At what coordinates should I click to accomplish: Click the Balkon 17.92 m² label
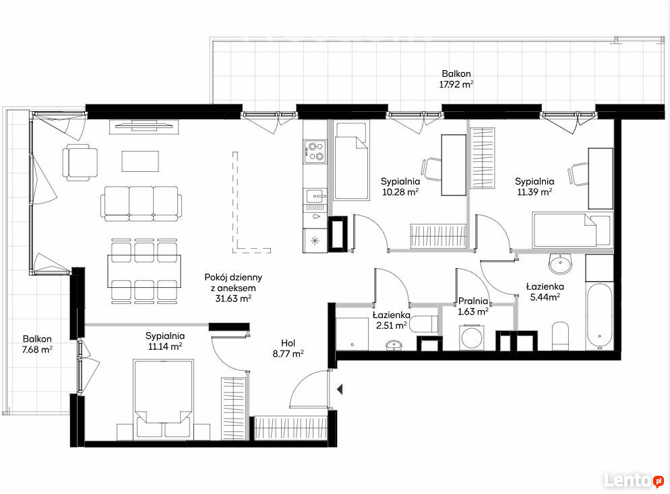(x=456, y=79)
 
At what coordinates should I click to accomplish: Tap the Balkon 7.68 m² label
(x=37, y=344)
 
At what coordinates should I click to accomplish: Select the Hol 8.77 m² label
(x=288, y=348)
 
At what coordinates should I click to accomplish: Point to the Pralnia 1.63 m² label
(x=473, y=307)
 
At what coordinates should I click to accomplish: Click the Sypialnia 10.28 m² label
(x=400, y=187)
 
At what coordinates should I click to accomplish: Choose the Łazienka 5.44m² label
(x=545, y=291)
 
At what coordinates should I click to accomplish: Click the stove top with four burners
(x=315, y=151)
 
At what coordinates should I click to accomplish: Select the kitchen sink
(x=315, y=196)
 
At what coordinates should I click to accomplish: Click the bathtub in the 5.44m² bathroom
(x=599, y=316)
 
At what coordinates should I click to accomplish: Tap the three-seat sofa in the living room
(x=142, y=204)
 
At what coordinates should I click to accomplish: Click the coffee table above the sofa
(x=140, y=161)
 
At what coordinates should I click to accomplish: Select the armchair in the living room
(x=80, y=162)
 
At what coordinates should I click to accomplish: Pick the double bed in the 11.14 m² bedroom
(x=163, y=399)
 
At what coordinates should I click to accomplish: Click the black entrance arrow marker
(x=340, y=390)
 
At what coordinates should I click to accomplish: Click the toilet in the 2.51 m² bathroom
(x=423, y=324)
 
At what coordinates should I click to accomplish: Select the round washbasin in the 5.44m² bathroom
(x=560, y=264)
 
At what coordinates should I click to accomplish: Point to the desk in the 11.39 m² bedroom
(x=601, y=178)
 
